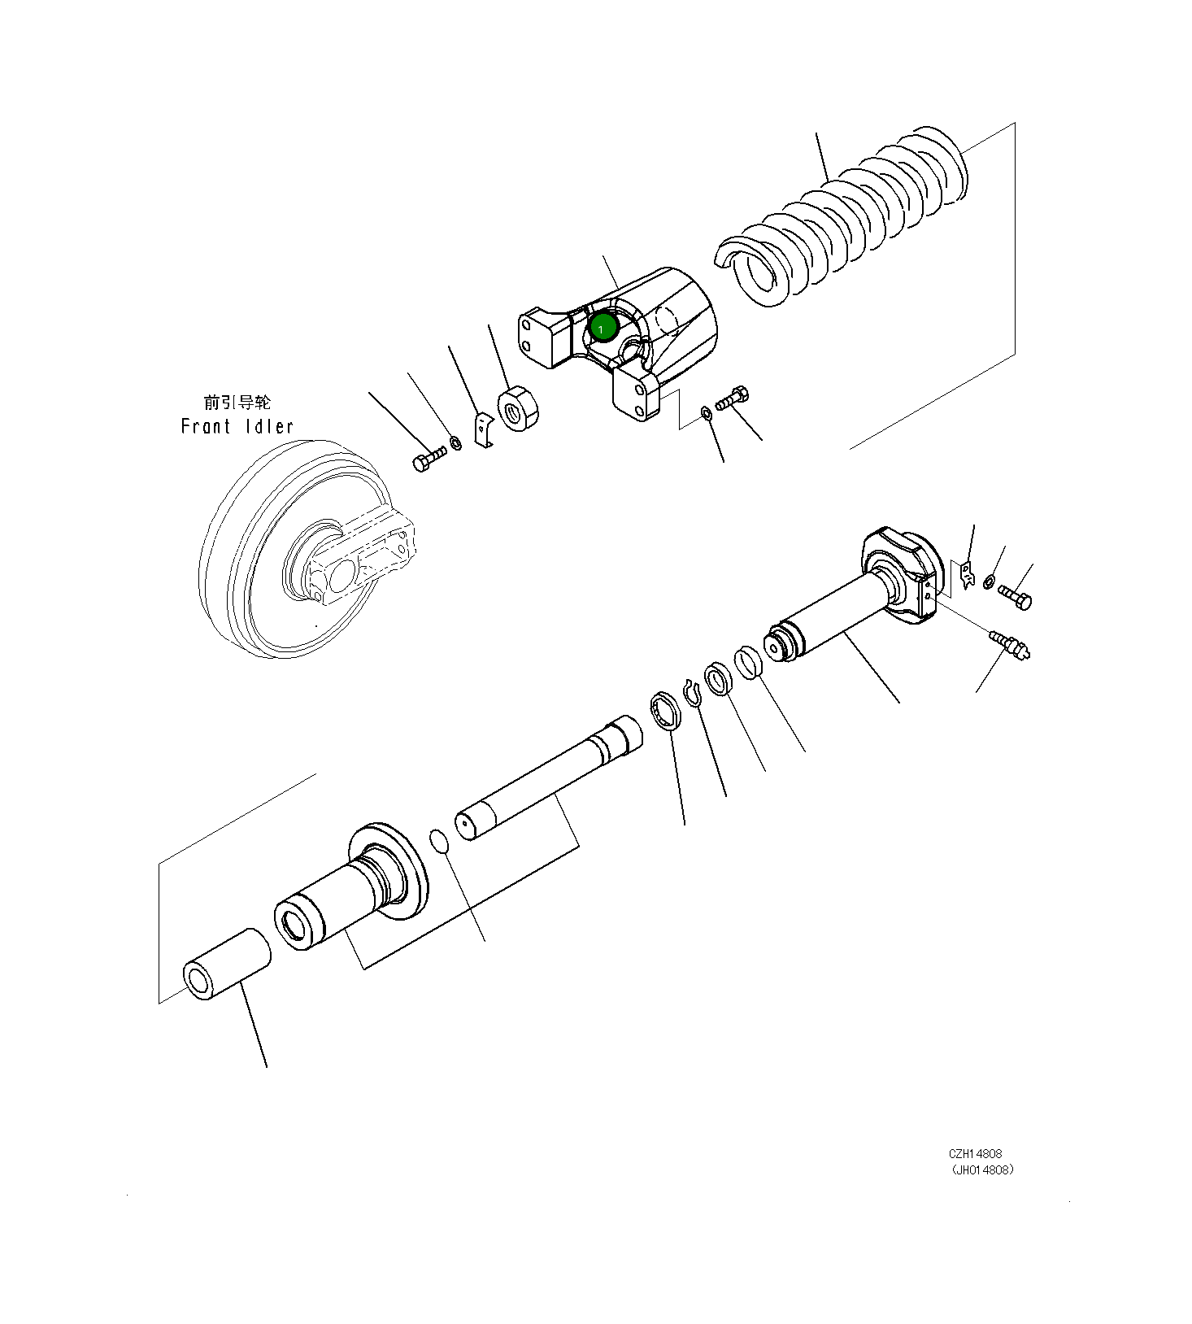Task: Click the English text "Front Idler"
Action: tap(237, 426)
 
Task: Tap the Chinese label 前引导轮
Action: tap(237, 402)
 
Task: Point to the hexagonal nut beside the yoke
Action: tap(519, 408)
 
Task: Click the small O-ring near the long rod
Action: tap(439, 842)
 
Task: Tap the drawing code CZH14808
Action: tap(975, 1153)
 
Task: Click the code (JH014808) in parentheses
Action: tap(982, 1170)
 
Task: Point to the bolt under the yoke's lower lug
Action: tap(733, 399)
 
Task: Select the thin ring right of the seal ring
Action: tap(749, 662)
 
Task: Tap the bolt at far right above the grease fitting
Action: tap(1015, 597)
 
